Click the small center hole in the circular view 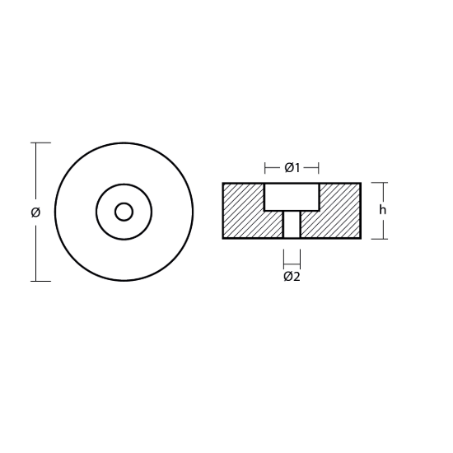(x=124, y=212)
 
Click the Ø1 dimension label (x=292, y=168)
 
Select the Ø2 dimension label (x=292, y=277)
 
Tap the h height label (x=382, y=210)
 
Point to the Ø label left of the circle (x=35, y=212)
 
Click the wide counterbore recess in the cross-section (x=292, y=197)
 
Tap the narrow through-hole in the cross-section (x=292, y=225)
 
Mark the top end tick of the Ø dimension (x=40, y=143)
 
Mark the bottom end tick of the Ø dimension (x=40, y=281)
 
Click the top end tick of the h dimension (x=378, y=183)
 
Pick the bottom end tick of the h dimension (x=378, y=239)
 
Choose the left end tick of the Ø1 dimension (x=265, y=168)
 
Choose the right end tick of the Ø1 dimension (x=319, y=168)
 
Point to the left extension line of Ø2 (x=284, y=258)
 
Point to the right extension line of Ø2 (x=300, y=258)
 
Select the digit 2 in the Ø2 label (x=297, y=277)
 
